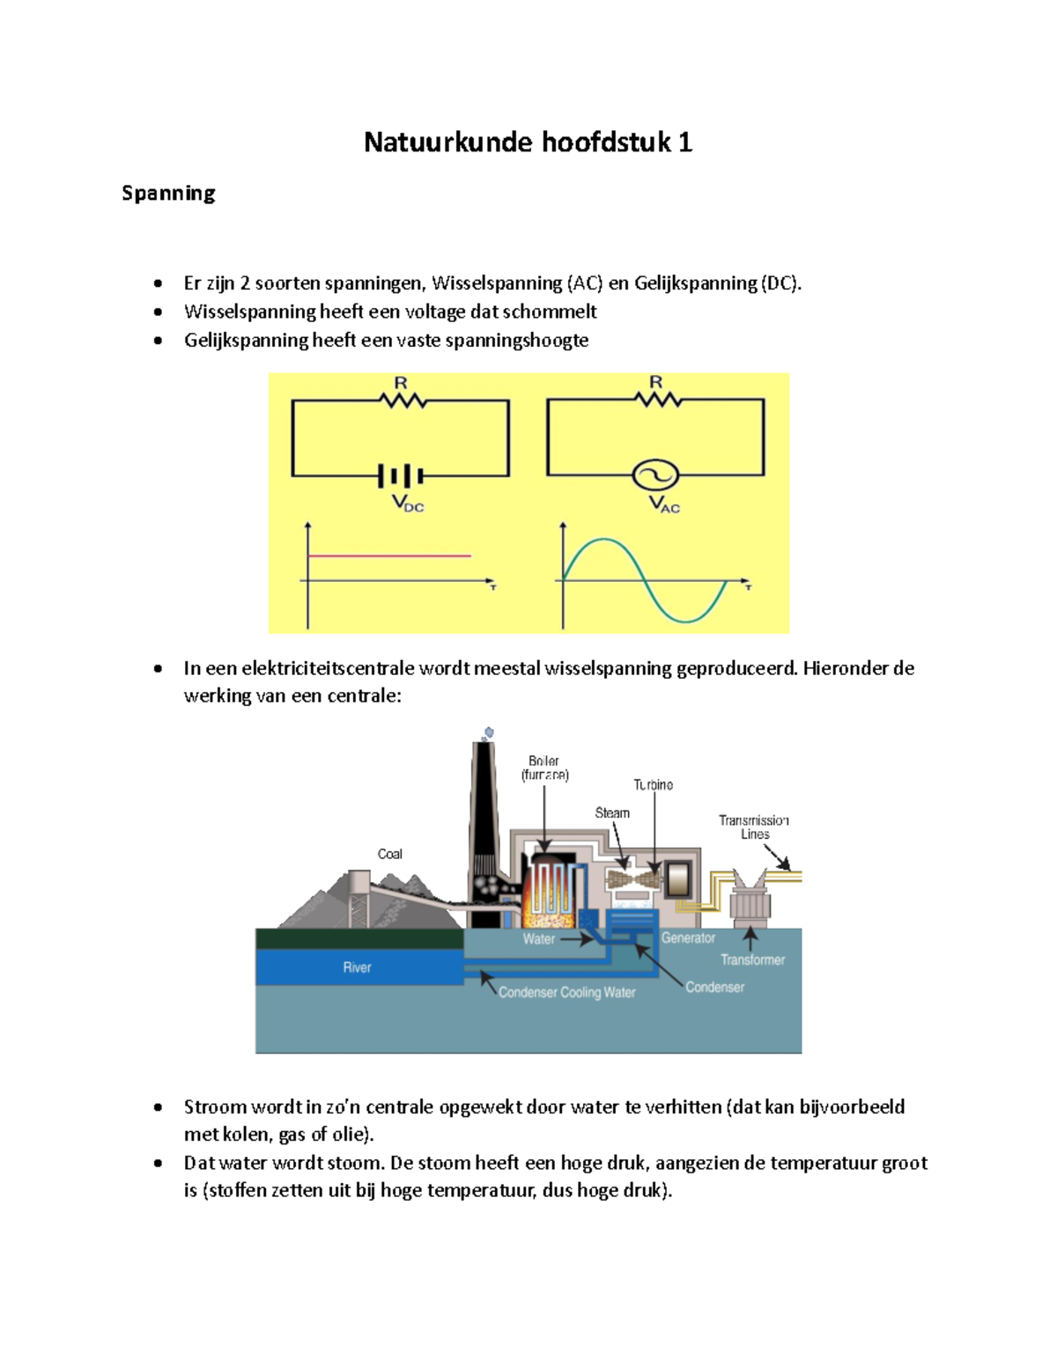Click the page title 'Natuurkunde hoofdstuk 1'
click(528, 142)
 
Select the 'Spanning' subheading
click(168, 193)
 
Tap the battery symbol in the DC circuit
click(401, 476)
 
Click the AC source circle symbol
click(655, 475)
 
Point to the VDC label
click(408, 503)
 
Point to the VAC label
click(664, 504)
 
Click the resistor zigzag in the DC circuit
click(403, 401)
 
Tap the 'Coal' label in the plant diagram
click(389, 854)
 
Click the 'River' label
click(357, 967)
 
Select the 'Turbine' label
click(653, 784)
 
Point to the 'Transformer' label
click(752, 959)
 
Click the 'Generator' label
click(688, 938)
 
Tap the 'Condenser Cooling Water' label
click(566, 992)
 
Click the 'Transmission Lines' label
click(754, 827)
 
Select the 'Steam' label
click(612, 812)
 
